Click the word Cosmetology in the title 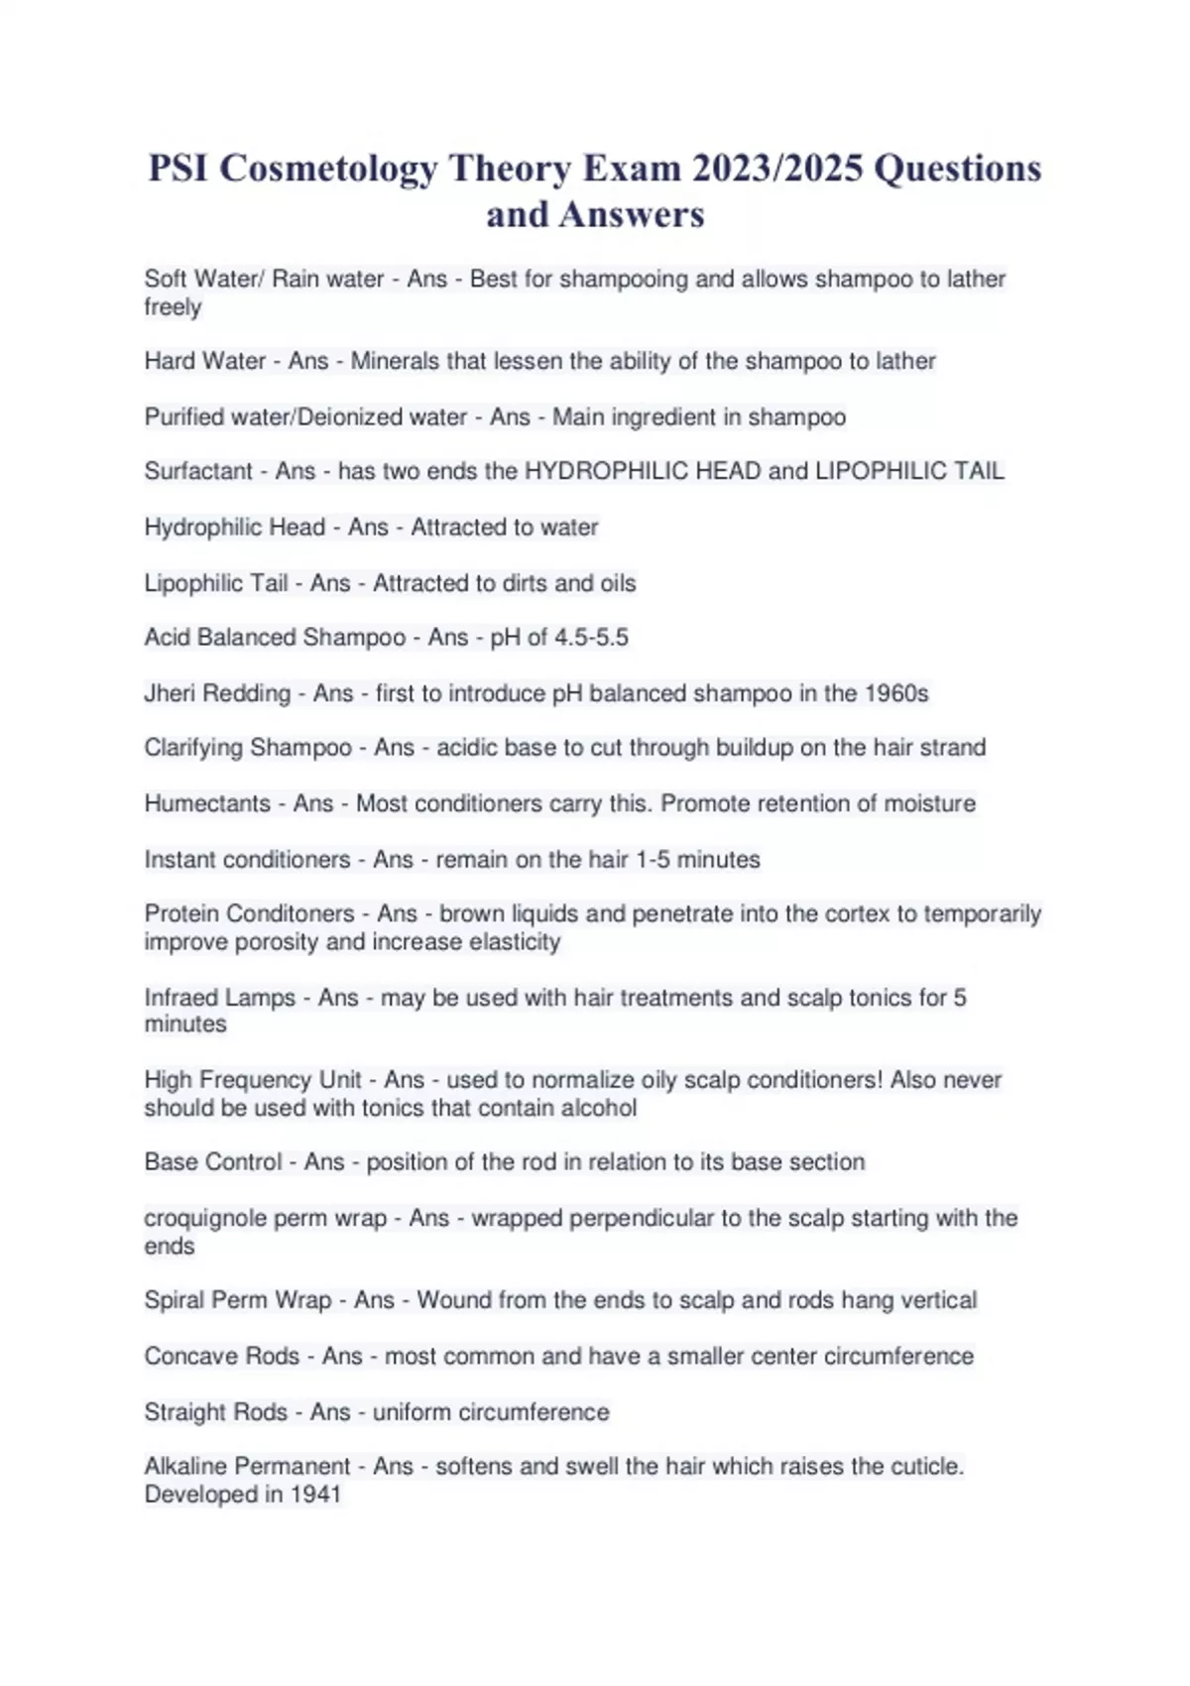pyautogui.click(x=328, y=169)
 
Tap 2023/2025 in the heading pyautogui.click(x=776, y=169)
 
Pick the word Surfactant pyautogui.click(x=198, y=471)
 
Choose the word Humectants pyautogui.click(x=207, y=803)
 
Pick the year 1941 pyautogui.click(x=315, y=1495)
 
